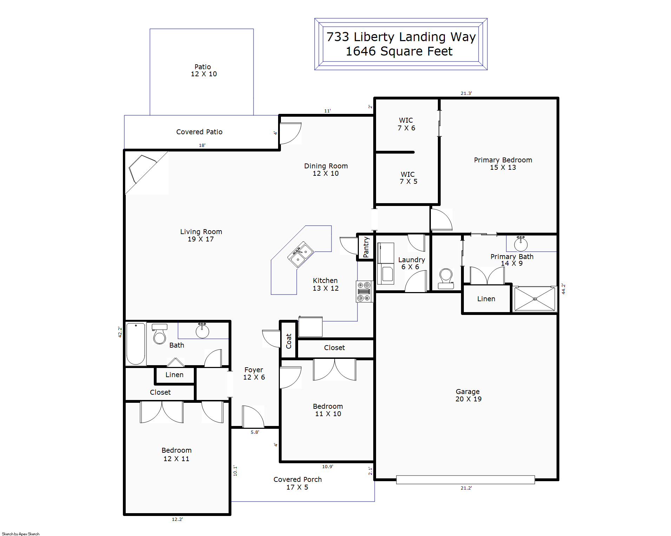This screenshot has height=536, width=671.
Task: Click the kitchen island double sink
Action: tap(301, 254)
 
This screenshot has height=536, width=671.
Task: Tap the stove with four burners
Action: tap(364, 291)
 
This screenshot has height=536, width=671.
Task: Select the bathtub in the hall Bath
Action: tap(136, 343)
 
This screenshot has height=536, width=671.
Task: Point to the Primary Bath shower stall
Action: tap(535, 299)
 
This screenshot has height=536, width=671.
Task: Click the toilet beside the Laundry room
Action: tap(446, 279)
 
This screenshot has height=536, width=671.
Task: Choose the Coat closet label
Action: tap(289, 341)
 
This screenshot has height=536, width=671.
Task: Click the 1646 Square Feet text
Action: tap(399, 51)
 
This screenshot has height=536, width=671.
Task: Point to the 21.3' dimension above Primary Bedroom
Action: tap(466, 93)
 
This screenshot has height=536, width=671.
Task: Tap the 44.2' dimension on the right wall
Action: tap(563, 289)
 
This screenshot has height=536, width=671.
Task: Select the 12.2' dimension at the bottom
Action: tap(177, 519)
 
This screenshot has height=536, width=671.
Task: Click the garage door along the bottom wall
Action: tap(466, 479)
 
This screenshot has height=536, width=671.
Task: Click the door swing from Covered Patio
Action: tap(291, 133)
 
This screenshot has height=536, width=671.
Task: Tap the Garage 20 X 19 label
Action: tap(468, 395)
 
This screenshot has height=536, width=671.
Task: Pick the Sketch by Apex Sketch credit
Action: tap(21, 534)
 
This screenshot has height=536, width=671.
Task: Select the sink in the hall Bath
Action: tap(202, 330)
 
